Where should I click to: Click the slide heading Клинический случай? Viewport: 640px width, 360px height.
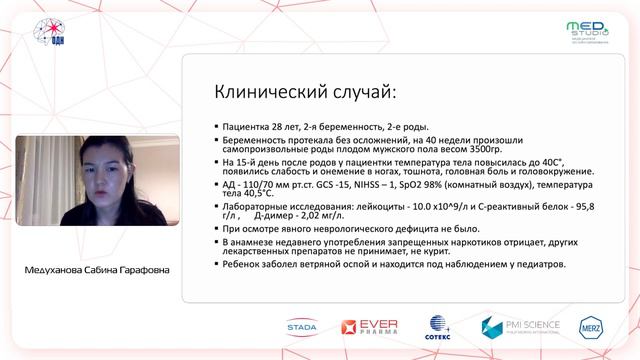click(305, 92)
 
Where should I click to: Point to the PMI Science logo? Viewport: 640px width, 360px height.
click(520, 327)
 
